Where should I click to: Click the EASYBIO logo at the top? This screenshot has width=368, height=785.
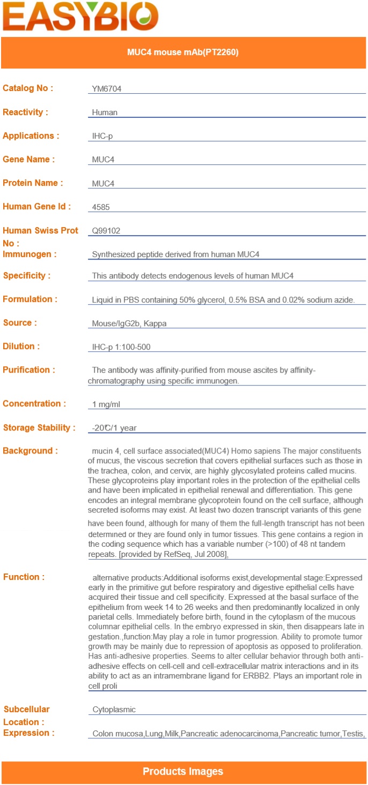pyautogui.click(x=80, y=16)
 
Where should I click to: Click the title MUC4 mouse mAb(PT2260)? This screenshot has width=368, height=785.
pyautogui.click(x=183, y=52)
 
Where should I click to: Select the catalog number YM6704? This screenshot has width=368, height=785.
pyautogui.click(x=107, y=89)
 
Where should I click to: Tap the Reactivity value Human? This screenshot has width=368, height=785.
pyautogui.click(x=105, y=112)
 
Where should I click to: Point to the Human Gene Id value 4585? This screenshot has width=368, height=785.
pyautogui.click(x=101, y=207)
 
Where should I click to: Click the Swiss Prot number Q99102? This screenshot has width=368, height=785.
pyautogui.click(x=106, y=231)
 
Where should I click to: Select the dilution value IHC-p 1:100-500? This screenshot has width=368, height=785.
pyautogui.click(x=121, y=347)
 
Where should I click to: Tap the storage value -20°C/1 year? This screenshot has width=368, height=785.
pyautogui.click(x=114, y=428)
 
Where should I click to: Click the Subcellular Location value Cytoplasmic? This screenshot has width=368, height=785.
pyautogui.click(x=114, y=709)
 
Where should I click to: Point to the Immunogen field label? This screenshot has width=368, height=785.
pyautogui.click(x=30, y=254)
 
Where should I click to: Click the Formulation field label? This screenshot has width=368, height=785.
pyautogui.click(x=30, y=299)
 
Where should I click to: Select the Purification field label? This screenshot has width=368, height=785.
pyautogui.click(x=29, y=369)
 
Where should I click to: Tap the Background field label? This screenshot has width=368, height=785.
pyautogui.click(x=30, y=451)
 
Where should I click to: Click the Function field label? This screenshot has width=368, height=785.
pyautogui.click(x=24, y=577)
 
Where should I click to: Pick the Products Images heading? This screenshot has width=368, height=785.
pyautogui.click(x=183, y=772)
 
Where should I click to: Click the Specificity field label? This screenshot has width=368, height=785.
pyautogui.click(x=27, y=275)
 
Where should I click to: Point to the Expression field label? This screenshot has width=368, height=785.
pyautogui.click(x=28, y=733)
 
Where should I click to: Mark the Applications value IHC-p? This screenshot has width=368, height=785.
pyautogui.click(x=102, y=136)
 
